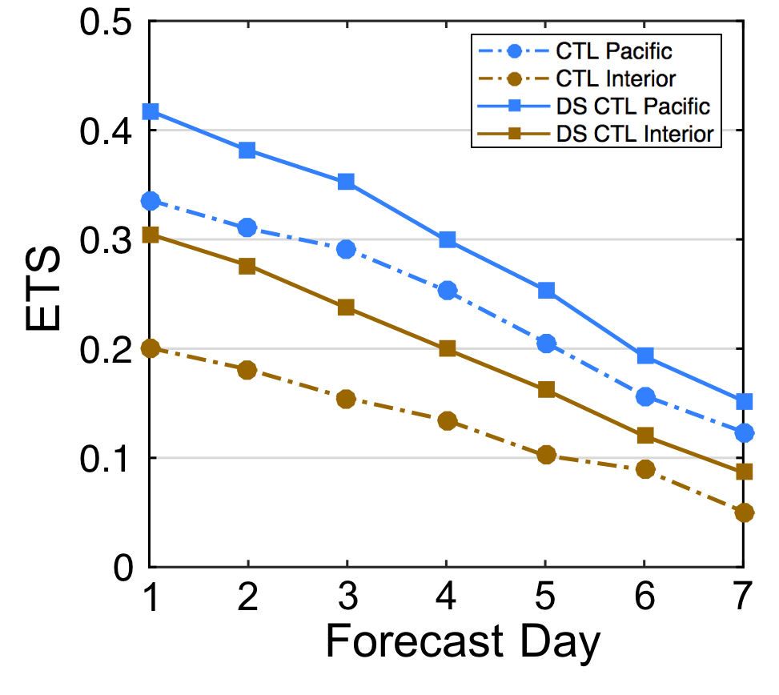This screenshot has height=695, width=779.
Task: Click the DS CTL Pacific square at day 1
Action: (150, 110)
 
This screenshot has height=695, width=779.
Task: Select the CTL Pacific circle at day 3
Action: (346, 249)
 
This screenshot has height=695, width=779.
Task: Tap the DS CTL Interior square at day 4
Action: (448, 348)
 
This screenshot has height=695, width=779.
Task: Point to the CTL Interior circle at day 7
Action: (744, 512)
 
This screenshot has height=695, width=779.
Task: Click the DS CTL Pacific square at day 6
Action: (645, 356)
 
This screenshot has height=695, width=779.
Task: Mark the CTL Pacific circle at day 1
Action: (150, 201)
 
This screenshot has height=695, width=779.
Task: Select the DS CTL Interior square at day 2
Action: (247, 266)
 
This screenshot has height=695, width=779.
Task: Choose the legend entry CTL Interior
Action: (616, 78)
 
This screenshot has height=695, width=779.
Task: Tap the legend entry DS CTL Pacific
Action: (632, 106)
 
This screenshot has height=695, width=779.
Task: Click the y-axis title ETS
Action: (44, 291)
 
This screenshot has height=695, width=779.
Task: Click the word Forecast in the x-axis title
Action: (415, 642)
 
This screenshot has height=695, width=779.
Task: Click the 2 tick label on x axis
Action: (248, 597)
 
